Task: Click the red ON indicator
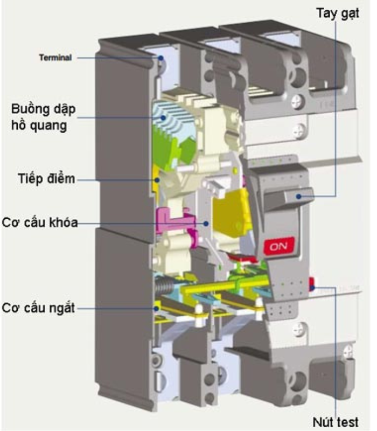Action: click(x=279, y=246)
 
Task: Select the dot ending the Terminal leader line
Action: click(x=160, y=57)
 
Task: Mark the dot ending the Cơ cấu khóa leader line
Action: click(x=206, y=223)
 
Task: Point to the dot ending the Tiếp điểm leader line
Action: click(x=157, y=179)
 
